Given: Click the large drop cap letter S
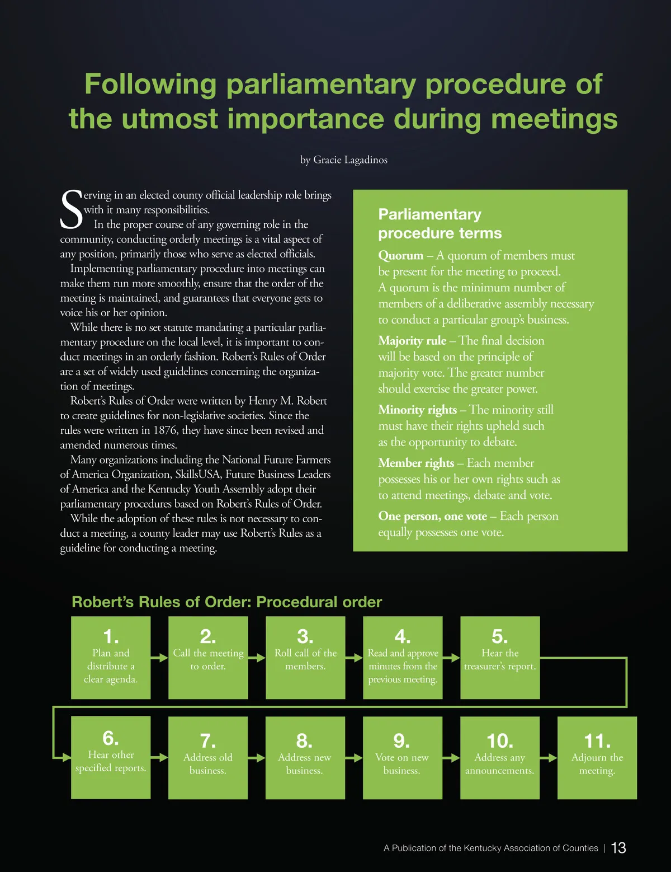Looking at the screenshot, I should click(71, 210).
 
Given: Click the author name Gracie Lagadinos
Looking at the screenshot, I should click(350, 160).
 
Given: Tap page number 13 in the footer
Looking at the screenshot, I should click(618, 848).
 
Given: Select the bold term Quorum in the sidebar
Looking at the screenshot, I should click(400, 256).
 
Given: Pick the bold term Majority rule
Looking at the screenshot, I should click(412, 341).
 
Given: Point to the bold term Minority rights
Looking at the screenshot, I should click(417, 410).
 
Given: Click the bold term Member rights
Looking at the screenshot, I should click(416, 463).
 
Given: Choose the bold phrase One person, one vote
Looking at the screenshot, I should click(432, 516).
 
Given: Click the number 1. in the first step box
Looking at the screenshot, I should click(111, 636).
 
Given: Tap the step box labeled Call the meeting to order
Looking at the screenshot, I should click(208, 658).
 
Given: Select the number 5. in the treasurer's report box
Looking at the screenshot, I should click(499, 636).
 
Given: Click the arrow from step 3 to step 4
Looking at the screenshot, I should click(354, 658).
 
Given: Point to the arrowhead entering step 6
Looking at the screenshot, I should click(66, 757).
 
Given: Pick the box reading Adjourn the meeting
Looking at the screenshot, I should click(597, 758).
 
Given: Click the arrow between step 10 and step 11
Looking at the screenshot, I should click(549, 758).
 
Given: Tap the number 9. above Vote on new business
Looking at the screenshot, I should click(401, 741).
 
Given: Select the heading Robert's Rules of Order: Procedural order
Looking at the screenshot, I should click(226, 602).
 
